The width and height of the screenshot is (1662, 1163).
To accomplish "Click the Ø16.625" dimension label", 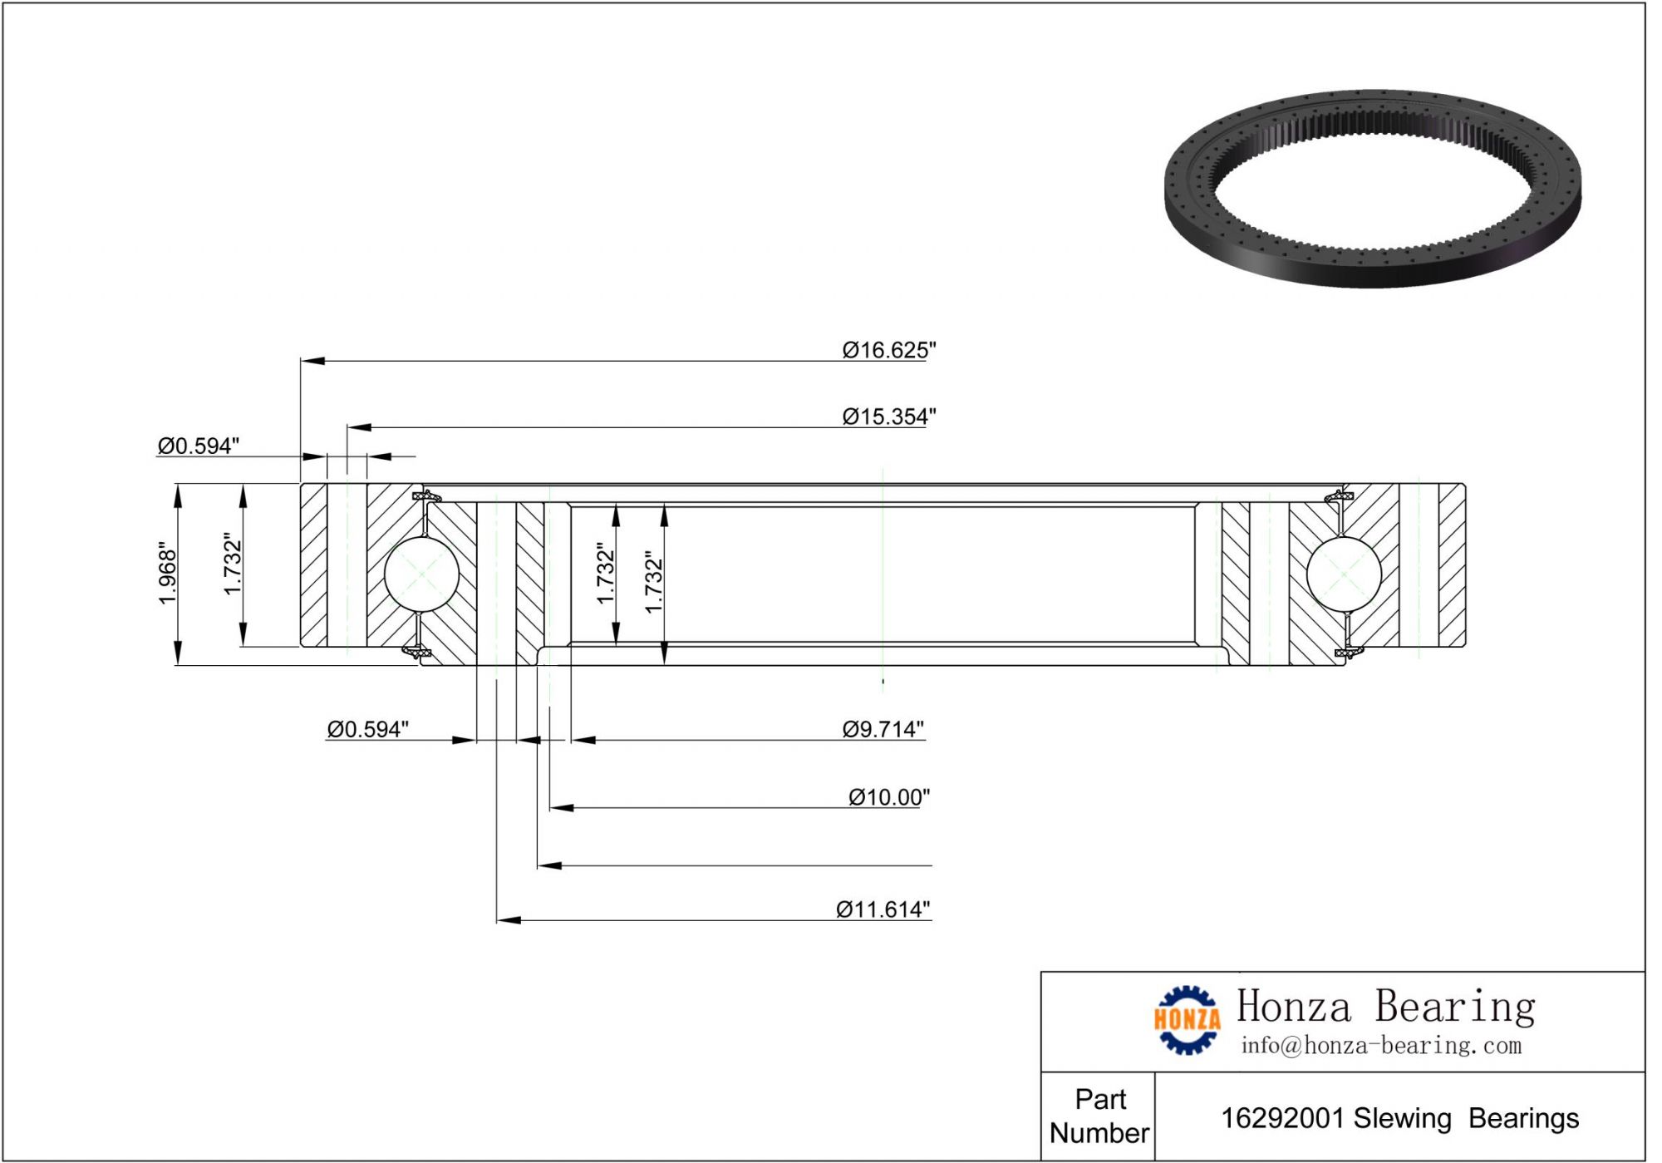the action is pyautogui.click(x=888, y=350).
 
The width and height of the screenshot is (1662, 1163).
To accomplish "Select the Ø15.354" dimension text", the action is pyautogui.click(x=888, y=416).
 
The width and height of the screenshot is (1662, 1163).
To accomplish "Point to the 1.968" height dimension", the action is pyautogui.click(x=168, y=574).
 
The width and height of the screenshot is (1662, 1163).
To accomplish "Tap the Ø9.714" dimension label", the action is pyautogui.click(x=883, y=729).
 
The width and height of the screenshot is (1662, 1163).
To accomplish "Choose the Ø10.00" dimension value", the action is pyautogui.click(x=888, y=797).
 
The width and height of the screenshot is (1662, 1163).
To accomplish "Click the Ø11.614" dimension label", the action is pyautogui.click(x=883, y=909).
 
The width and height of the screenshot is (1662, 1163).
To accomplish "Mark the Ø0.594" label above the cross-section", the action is pyautogui.click(x=199, y=446).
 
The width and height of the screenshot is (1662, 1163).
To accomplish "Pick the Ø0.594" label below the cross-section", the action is pyautogui.click(x=367, y=729).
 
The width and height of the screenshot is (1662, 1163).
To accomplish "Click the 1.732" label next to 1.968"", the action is pyautogui.click(x=233, y=564).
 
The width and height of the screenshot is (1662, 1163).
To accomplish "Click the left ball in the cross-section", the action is pyautogui.click(x=422, y=574).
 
